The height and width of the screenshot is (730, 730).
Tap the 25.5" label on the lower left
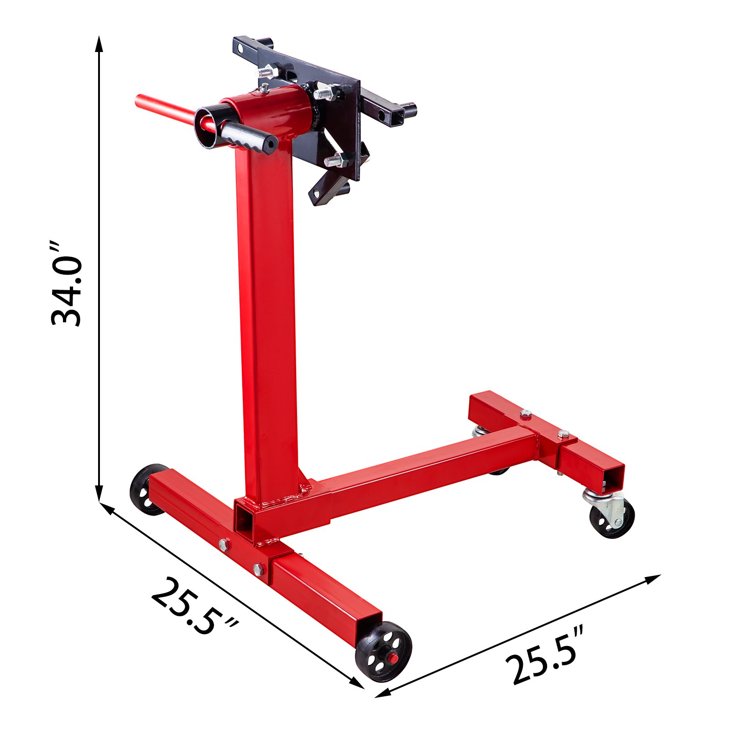coord(194,607)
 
